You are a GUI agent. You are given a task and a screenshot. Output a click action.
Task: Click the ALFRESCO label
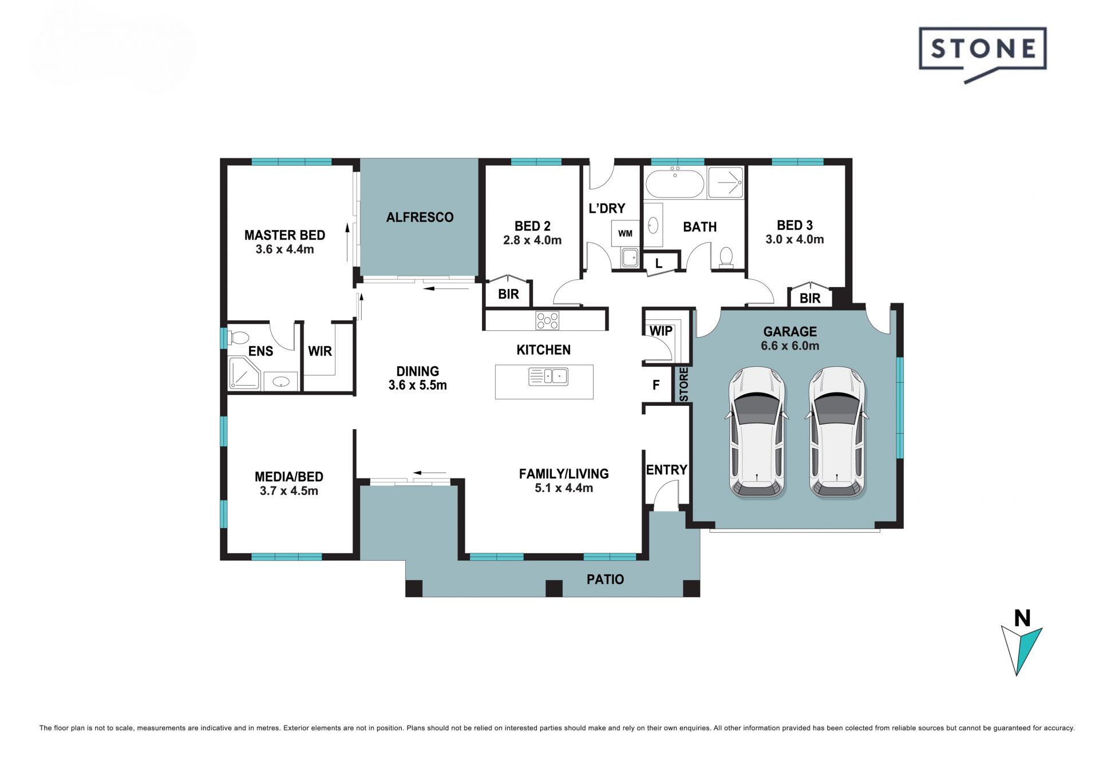pos(420,217)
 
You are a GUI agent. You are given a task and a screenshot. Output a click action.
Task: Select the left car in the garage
pos(757,431)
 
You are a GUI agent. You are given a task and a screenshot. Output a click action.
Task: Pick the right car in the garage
pos(837,431)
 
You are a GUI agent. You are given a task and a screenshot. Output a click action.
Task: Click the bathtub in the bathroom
pos(675,183)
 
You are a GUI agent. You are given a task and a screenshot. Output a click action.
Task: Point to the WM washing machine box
pos(625,233)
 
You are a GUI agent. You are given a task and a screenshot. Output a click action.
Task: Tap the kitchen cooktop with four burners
pos(547,320)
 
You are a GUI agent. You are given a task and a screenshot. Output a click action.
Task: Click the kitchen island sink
pos(548,376)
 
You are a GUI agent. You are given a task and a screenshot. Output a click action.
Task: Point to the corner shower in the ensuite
pos(244,373)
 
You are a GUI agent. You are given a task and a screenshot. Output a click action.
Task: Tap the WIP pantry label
pos(661,331)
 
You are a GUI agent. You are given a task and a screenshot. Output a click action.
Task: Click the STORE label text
pos(683,384)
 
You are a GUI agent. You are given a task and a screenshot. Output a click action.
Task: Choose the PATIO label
pos(605,580)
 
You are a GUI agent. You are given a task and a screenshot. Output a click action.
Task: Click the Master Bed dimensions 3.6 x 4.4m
pos(284,249)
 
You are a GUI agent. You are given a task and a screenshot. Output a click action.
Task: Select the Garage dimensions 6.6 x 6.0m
pos(790,346)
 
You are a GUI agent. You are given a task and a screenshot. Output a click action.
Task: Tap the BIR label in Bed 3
pos(810,298)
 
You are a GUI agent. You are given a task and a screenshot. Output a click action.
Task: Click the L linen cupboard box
pos(659,263)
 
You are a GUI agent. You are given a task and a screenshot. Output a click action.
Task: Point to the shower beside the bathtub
pos(726,183)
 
